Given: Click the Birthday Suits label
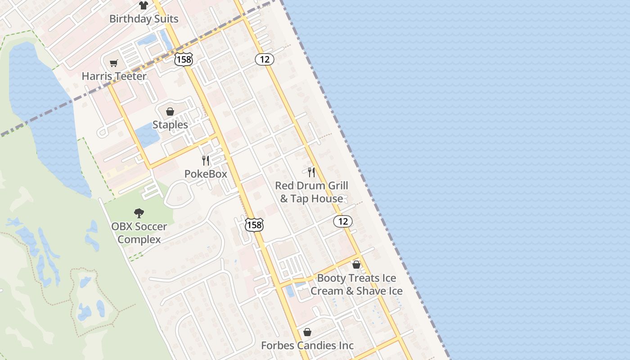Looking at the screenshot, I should [x=144, y=19].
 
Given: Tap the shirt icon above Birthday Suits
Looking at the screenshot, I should [x=143, y=5].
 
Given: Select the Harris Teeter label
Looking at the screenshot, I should [x=114, y=76].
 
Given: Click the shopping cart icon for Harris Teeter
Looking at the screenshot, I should [x=113, y=63].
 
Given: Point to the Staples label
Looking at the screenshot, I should [x=170, y=124].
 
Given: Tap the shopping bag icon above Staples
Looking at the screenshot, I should [x=170, y=112].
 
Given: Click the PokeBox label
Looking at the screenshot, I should [x=206, y=174].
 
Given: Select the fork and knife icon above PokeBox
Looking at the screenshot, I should [x=206, y=161].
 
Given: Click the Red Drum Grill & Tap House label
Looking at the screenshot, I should [x=311, y=192].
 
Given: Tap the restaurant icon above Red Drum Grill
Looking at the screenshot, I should [x=311, y=172].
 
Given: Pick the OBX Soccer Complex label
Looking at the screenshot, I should [x=139, y=233].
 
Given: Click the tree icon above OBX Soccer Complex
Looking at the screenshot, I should [x=139, y=213].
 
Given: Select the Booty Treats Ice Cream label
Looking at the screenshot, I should [x=356, y=284].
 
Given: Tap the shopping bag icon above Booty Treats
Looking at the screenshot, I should [x=356, y=265].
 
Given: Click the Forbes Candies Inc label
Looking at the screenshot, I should [x=307, y=346].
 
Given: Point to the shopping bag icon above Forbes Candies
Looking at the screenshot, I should [x=307, y=332].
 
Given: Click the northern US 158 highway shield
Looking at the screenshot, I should [x=184, y=59].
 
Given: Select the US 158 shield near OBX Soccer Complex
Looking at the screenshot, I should [x=254, y=225].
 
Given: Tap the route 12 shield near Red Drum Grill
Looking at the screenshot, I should [x=343, y=221].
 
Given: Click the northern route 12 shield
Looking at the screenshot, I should [x=265, y=59].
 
